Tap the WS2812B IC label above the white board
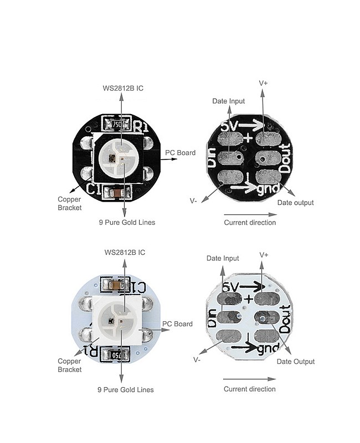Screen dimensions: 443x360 click(x=125, y=253)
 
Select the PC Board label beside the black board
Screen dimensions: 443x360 click(x=180, y=152)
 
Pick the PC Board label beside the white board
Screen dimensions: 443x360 click(x=177, y=324)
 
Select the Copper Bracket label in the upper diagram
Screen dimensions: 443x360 click(x=70, y=203)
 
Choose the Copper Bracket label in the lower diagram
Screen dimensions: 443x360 click(x=70, y=365)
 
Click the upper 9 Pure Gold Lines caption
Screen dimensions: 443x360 click(x=126, y=223)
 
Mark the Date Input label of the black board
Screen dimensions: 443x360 click(x=229, y=101)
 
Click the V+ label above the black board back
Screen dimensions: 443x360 click(x=264, y=83)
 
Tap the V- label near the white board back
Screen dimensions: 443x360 click(x=197, y=359)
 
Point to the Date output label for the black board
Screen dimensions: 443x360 click(x=295, y=203)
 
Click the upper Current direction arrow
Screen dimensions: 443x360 click(x=249, y=213)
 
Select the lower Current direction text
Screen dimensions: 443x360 click(x=249, y=389)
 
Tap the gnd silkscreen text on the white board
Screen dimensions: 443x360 click(x=268, y=349)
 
